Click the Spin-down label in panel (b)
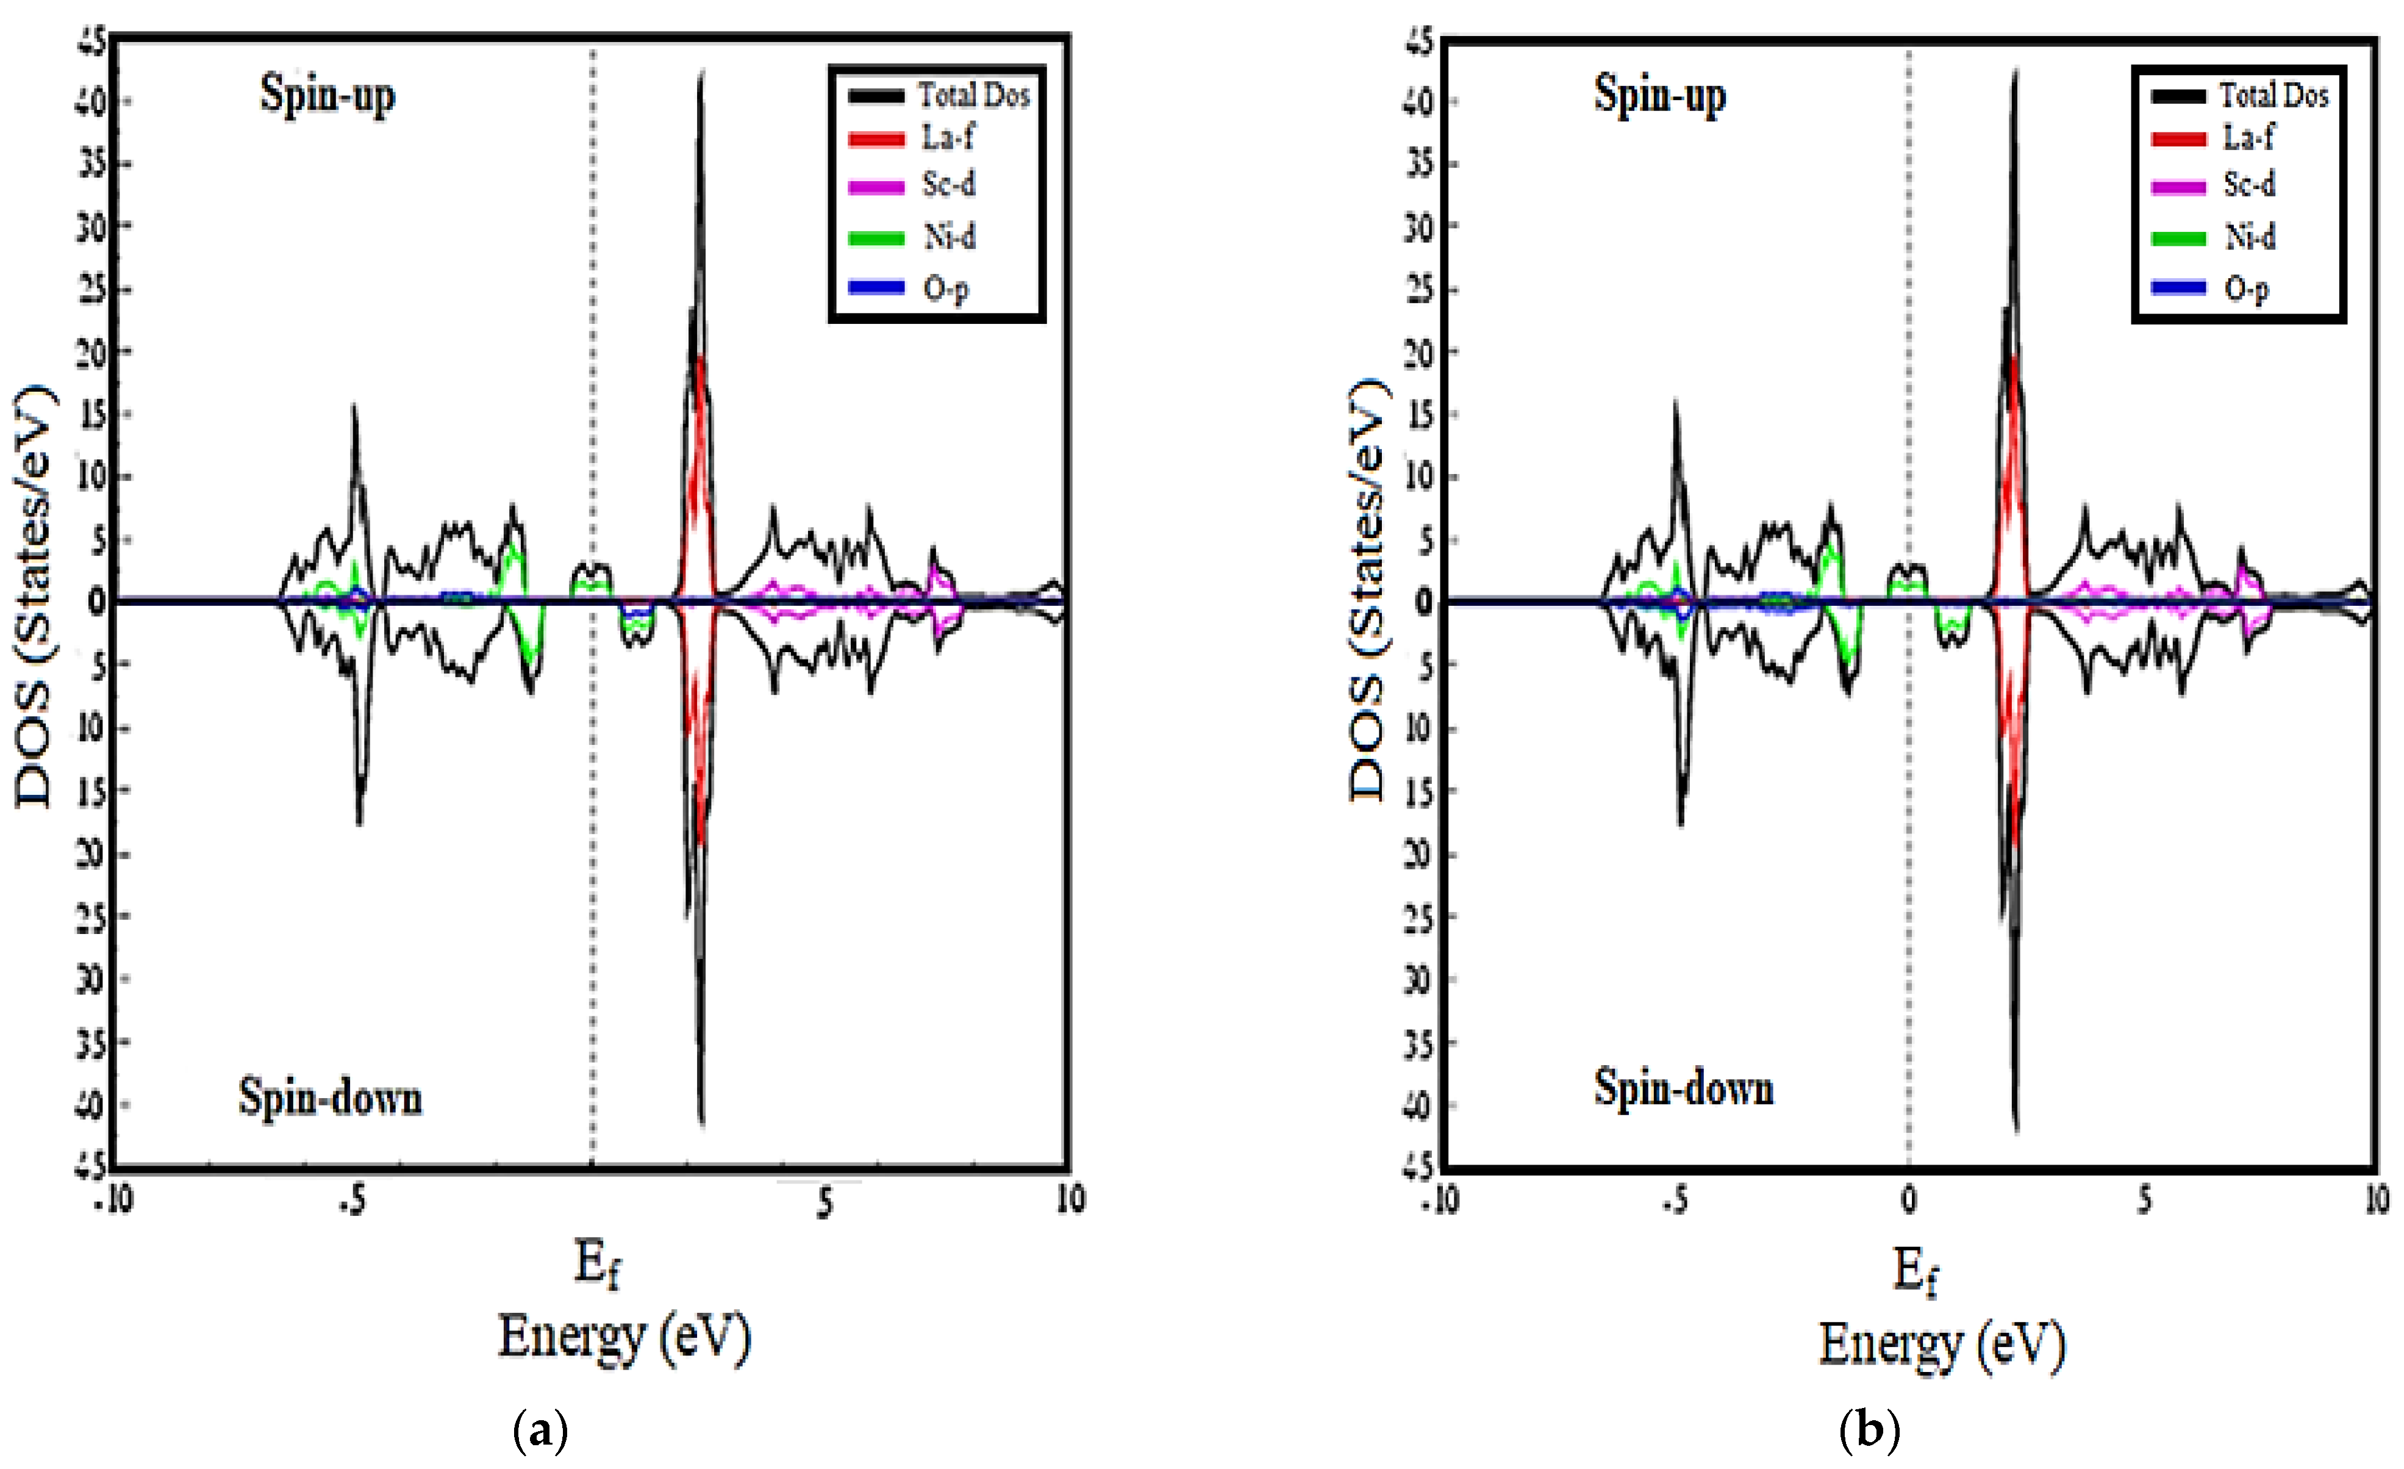1683,1087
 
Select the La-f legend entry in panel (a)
946,138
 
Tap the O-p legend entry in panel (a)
945,288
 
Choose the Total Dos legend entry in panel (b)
2273,95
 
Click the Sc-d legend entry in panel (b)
2249,184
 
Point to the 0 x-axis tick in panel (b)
1908,1199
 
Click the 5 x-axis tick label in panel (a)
825,1202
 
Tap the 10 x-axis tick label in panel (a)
1070,1199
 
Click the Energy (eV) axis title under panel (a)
624,1337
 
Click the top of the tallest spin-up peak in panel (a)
701,73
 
